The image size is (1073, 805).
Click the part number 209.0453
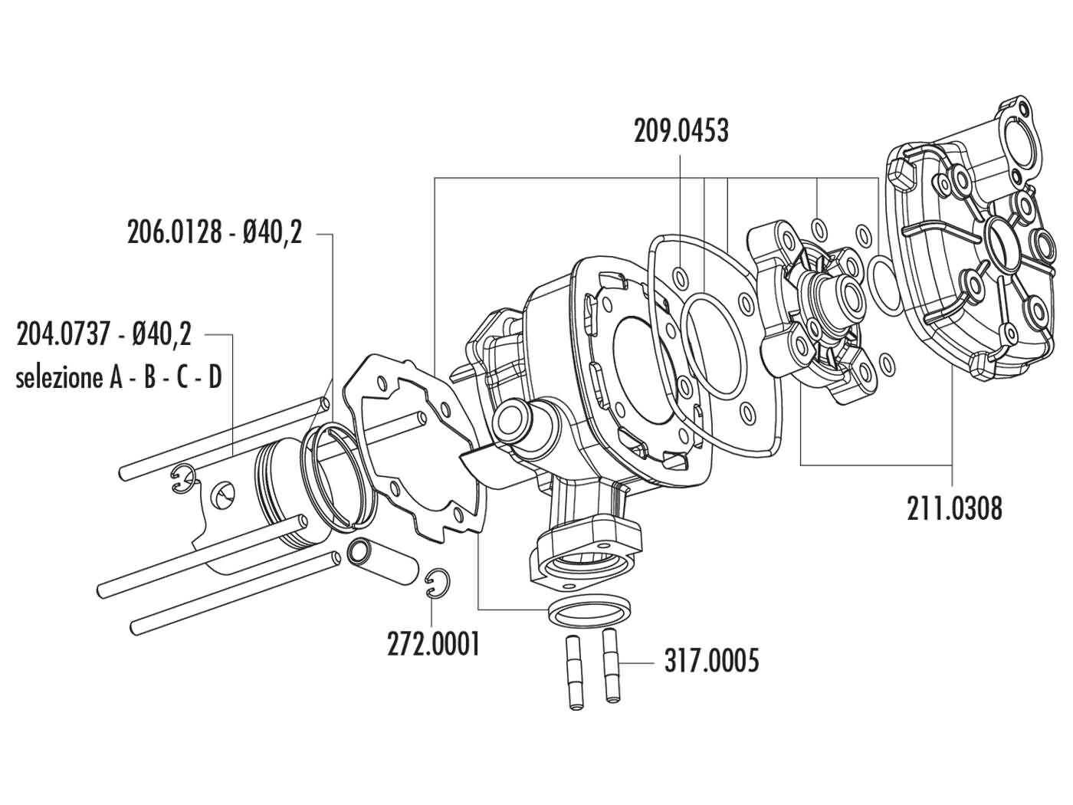pos(681,131)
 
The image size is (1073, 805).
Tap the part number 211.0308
pos(953,508)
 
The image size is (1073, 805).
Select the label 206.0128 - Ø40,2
pos(215,232)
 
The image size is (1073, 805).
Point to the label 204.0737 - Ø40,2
pos(104,335)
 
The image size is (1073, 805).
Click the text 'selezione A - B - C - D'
pos(119,378)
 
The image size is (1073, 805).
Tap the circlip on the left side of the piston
pos(181,479)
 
